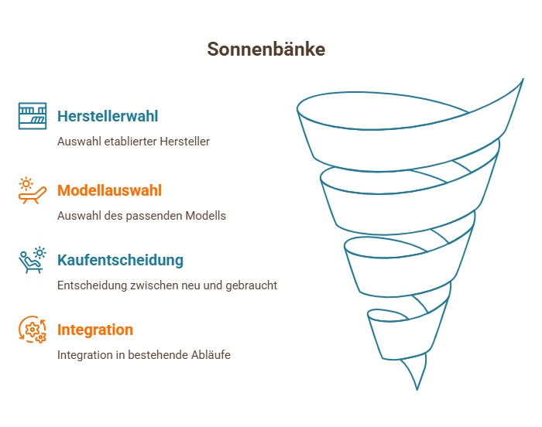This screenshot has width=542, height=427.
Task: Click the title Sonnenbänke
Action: [266, 49]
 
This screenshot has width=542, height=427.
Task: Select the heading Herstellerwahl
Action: [108, 116]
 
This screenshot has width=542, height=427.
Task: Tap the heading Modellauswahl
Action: [110, 190]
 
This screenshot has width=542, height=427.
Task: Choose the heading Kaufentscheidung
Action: [120, 260]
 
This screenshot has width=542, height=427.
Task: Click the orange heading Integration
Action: [95, 330]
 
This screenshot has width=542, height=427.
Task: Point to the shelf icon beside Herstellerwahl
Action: [33, 116]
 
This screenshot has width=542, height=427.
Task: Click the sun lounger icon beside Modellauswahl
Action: [33, 190]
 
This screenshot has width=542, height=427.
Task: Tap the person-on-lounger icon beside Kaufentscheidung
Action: [33, 260]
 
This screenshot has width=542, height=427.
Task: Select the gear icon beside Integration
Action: [33, 330]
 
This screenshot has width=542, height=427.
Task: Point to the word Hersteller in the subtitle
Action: [184, 142]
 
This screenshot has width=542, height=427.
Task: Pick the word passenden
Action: [154, 216]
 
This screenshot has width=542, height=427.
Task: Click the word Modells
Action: [206, 216]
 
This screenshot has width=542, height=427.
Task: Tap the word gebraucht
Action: [252, 285]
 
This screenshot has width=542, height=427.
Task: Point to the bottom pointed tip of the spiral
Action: [417, 390]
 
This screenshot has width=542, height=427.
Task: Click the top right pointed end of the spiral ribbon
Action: [523, 79]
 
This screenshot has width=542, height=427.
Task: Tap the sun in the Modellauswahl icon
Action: [26, 184]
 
